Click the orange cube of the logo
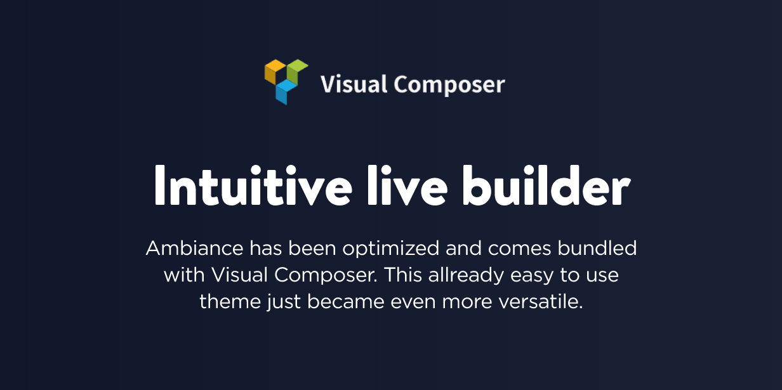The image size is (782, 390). pyautogui.click(x=275, y=72)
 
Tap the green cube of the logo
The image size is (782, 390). pyautogui.click(x=298, y=72)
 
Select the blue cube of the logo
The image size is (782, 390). pyautogui.click(x=286, y=92)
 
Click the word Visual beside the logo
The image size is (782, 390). pyautogui.click(x=354, y=84)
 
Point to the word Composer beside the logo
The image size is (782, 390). pyautogui.click(x=449, y=85)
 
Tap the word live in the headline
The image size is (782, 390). pyautogui.click(x=408, y=185)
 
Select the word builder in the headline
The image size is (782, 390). pyautogui.click(x=547, y=185)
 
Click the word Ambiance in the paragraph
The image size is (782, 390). pyautogui.click(x=194, y=249)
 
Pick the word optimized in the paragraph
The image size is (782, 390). pyautogui.click(x=390, y=250)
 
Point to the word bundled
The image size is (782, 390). pyautogui.click(x=597, y=249)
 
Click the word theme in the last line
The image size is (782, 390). pyautogui.click(x=230, y=301)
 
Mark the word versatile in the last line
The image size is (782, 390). pyautogui.click(x=540, y=301)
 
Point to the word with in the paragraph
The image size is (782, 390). pyautogui.click(x=184, y=275)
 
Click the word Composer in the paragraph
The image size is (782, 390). pyautogui.click(x=326, y=276)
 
